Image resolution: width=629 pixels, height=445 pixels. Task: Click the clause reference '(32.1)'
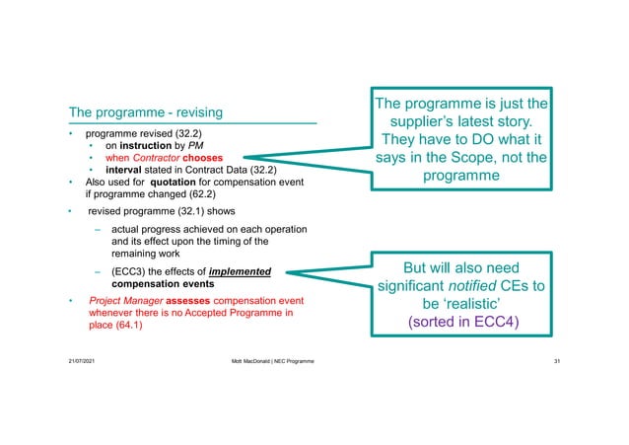pyautogui.click(x=188, y=211)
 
